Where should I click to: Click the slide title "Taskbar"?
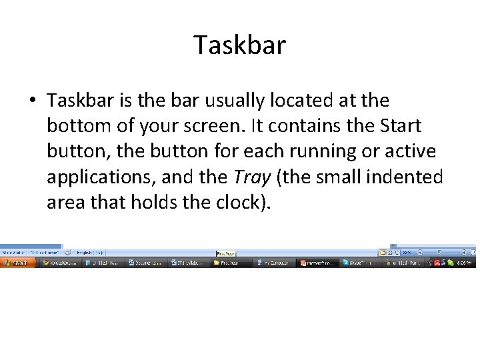click(x=240, y=45)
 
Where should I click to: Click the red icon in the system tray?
click(x=437, y=263)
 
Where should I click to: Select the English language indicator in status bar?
click(x=89, y=253)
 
